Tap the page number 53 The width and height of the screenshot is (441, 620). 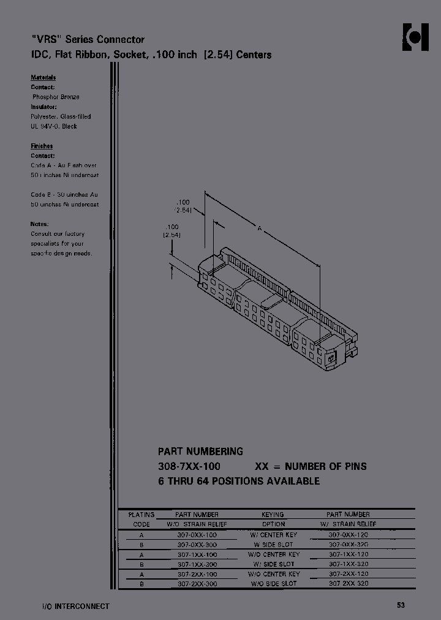(401, 605)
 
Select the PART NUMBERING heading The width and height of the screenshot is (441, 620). (200, 452)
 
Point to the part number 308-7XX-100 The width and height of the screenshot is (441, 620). (189, 466)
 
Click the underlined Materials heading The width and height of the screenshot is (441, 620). (43, 77)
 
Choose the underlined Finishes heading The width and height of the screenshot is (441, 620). (42, 146)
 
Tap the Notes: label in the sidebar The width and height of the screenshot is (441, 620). (40, 224)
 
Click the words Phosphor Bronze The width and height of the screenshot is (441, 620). (56, 97)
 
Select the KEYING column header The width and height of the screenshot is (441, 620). (273, 515)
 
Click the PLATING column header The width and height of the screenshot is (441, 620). (141, 515)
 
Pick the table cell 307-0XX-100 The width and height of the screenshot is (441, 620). (197, 535)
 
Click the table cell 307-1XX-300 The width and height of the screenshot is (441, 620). (197, 564)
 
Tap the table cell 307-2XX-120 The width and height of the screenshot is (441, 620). (348, 574)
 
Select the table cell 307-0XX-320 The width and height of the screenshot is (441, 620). (348, 545)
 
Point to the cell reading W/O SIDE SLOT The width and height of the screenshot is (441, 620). (273, 584)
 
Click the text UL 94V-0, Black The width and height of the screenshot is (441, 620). (54, 126)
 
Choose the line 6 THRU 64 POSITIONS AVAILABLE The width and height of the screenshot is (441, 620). (239, 481)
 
